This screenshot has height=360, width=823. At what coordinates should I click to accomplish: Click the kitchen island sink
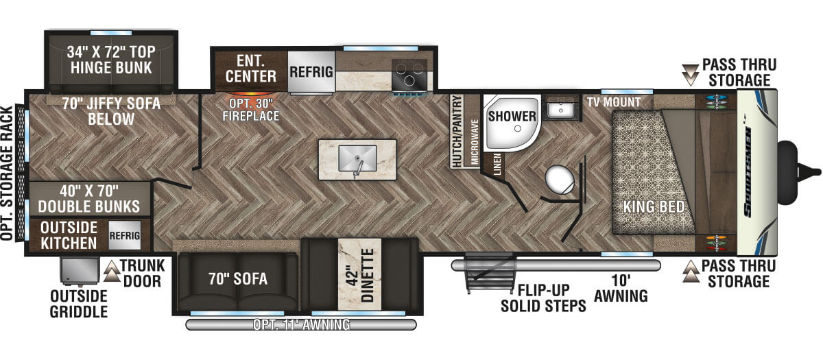tap(357, 158)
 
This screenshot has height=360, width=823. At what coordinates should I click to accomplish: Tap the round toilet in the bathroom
tap(560, 180)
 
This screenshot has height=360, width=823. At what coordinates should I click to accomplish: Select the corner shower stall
tap(512, 123)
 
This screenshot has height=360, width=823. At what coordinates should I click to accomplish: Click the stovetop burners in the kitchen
tap(409, 75)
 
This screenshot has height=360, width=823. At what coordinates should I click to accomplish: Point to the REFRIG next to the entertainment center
tap(311, 71)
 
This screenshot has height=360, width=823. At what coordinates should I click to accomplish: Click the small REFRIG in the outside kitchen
tap(125, 235)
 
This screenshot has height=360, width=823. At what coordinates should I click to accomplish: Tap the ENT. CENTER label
tap(251, 69)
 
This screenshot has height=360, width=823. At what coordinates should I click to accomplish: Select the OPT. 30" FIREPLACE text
tap(251, 110)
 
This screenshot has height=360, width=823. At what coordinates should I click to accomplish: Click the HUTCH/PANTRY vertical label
tap(457, 131)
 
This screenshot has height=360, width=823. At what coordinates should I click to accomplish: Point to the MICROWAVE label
tap(475, 141)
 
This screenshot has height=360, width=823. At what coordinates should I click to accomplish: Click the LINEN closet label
tap(497, 164)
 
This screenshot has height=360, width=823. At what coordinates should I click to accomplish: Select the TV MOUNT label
tap(614, 102)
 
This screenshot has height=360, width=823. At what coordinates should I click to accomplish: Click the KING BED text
tap(654, 207)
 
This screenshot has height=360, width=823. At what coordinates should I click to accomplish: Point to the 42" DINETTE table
tap(359, 274)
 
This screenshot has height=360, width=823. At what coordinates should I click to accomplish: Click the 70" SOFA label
tap(238, 279)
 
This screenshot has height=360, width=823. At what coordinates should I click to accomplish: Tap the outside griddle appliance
tap(80, 271)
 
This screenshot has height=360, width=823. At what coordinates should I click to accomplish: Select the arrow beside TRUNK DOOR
tap(112, 271)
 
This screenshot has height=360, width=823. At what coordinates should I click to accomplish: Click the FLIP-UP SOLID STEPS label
tap(543, 298)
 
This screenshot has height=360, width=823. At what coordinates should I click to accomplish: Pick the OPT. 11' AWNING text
tap(301, 325)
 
